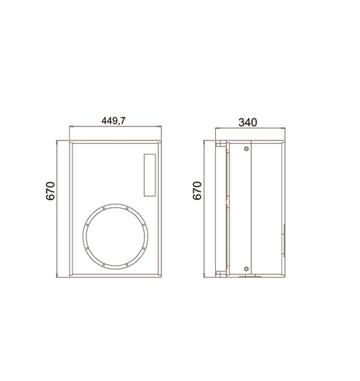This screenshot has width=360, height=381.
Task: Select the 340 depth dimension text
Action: coord(247,122)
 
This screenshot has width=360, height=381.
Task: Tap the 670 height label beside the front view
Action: coord(51,191)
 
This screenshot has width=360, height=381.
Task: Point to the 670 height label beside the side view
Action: coord(197,190)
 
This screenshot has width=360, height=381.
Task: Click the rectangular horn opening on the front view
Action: coord(150,175)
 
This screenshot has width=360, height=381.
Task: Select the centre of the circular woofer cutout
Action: coord(115,235)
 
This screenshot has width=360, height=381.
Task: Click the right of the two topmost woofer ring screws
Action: coord(126,208)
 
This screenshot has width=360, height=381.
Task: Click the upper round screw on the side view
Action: coord(246,150)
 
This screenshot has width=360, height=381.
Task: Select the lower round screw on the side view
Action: coord(246,267)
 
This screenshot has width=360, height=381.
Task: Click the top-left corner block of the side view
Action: coord(218,144)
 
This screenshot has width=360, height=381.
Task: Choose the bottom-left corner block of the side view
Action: coord(218,274)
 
